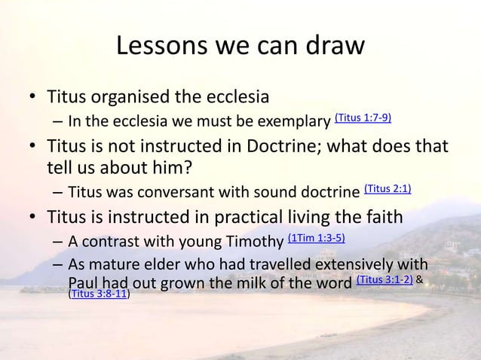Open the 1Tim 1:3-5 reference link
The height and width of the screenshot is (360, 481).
[x=317, y=239]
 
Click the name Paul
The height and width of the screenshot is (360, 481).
[x=84, y=282]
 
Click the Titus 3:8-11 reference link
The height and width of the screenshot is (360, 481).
[x=98, y=294]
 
